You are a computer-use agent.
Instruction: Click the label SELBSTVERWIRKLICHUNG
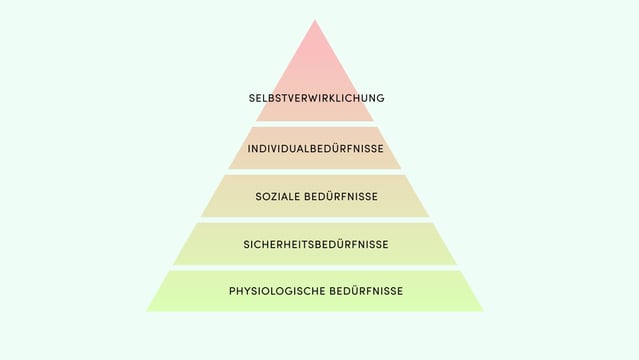tap(316, 98)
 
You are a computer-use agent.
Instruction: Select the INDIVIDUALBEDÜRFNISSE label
tap(315, 149)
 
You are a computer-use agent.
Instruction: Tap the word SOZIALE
tap(277, 197)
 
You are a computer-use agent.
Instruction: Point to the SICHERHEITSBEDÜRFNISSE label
tap(315, 244)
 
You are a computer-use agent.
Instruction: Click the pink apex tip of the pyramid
tap(315, 24)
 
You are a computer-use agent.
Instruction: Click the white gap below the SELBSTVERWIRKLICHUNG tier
tap(315, 124)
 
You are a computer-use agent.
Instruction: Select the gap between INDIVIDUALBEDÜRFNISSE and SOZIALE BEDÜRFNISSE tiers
tap(315, 172)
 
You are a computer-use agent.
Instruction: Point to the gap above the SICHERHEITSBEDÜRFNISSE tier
tap(315, 220)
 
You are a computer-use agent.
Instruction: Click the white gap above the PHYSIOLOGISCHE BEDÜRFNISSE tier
tap(315, 267)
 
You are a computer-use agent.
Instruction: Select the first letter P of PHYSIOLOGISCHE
tap(232, 291)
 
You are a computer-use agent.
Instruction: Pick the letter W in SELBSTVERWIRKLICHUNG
tap(307, 98)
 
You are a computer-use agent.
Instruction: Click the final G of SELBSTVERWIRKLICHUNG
tap(380, 98)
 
